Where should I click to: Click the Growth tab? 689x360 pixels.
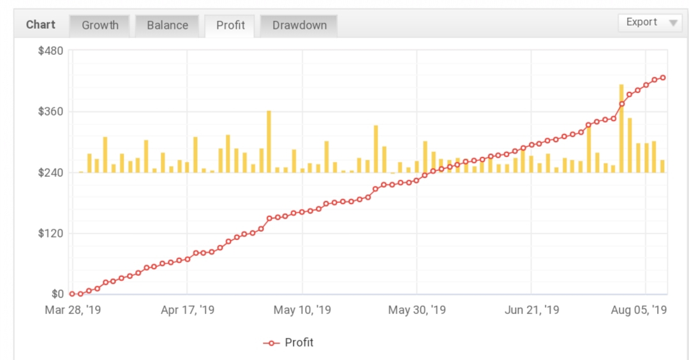click(x=100, y=26)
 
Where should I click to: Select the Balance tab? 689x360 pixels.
click(x=167, y=26)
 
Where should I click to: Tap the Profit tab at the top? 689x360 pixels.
click(x=230, y=26)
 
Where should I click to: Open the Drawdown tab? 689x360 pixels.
click(x=299, y=26)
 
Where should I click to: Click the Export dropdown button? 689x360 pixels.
click(x=650, y=22)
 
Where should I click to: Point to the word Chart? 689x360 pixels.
click(x=41, y=25)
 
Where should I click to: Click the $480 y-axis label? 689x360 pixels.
click(x=50, y=51)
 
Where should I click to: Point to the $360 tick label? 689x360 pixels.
click(x=50, y=112)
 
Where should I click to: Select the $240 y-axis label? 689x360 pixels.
click(x=50, y=173)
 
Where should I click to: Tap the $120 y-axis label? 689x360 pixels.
click(x=50, y=234)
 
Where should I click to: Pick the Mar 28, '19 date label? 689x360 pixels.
click(x=73, y=310)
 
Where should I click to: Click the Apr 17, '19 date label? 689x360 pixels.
click(x=188, y=310)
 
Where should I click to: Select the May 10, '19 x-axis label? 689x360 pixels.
click(x=302, y=310)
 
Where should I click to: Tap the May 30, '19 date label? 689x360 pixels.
click(x=417, y=310)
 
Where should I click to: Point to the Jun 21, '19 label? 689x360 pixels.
click(x=532, y=310)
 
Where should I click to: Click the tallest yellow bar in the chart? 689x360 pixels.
click(x=621, y=128)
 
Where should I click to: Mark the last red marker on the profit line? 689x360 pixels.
click(x=663, y=78)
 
